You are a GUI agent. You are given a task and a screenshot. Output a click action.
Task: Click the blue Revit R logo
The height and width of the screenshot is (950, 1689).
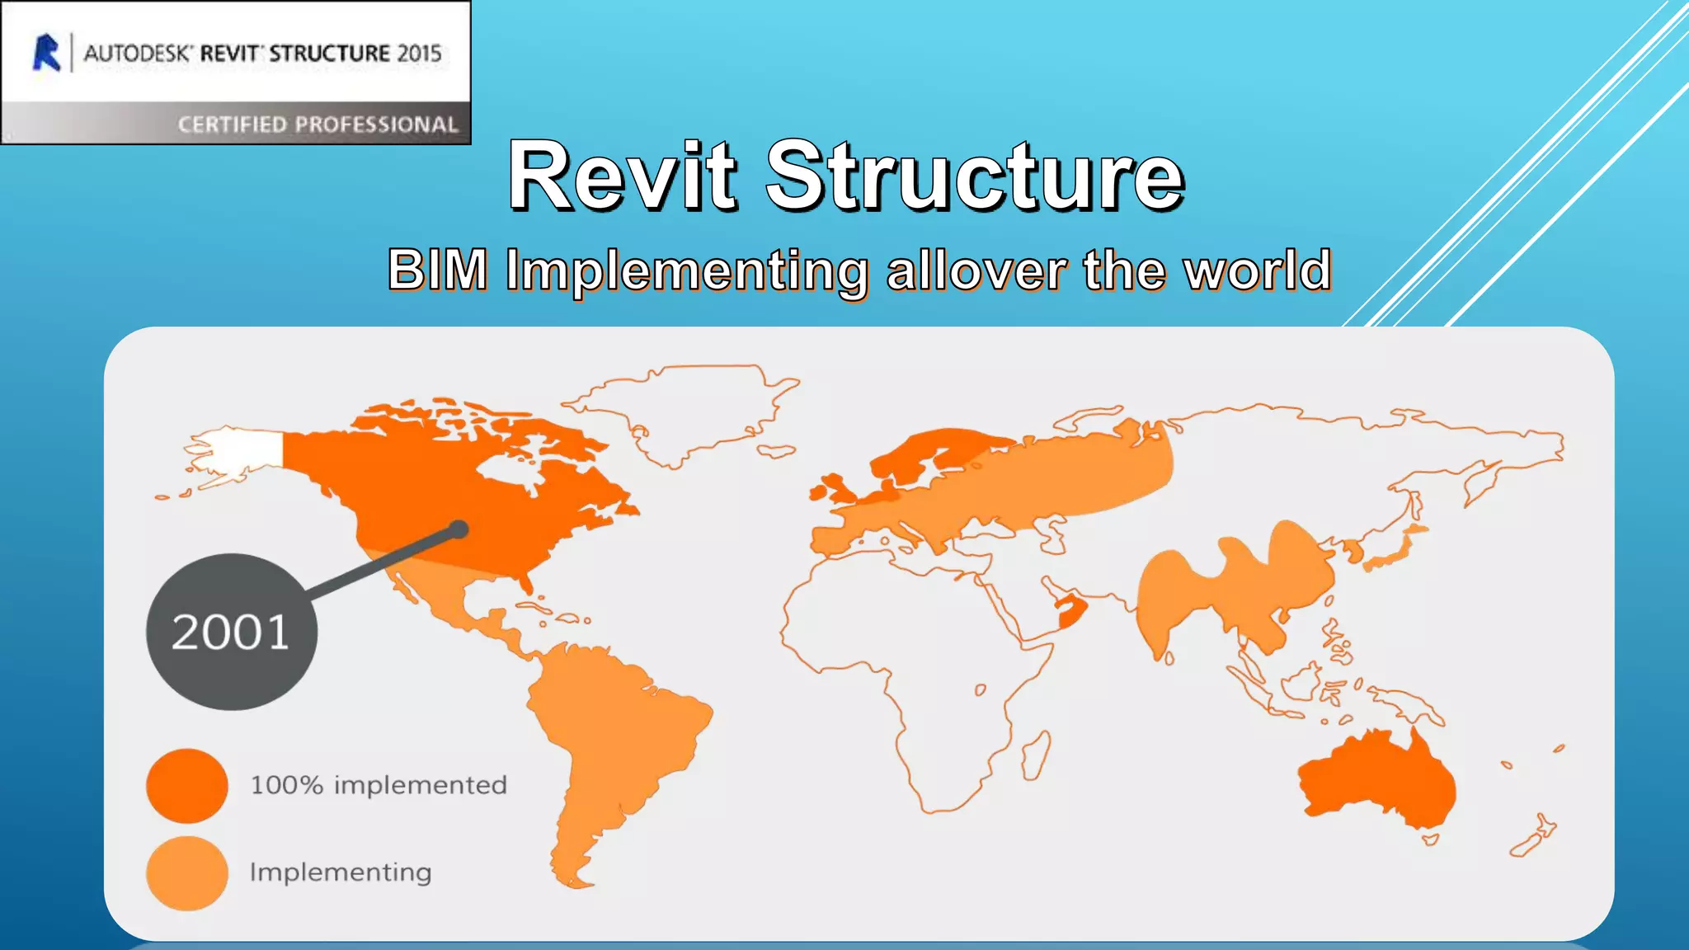47,53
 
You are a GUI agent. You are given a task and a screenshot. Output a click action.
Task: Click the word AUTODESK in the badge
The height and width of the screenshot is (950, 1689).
137,54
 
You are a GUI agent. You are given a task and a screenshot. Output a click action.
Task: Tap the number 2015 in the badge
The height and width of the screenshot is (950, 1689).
419,54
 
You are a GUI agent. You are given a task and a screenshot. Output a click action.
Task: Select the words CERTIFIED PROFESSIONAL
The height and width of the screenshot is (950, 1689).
318,125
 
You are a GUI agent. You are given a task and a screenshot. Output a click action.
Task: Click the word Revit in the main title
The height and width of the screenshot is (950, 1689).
622,176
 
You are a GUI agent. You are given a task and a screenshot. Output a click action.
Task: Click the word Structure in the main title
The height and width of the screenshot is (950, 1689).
975,176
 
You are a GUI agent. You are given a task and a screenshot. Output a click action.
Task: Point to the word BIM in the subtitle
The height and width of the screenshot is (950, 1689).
437,270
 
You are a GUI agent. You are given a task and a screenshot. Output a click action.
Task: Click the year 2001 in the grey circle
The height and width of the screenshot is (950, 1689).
230,633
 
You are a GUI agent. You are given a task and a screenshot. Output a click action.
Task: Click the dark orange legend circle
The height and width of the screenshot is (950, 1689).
187,785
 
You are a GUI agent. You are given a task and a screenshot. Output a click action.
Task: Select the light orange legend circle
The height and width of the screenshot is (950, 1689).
187,872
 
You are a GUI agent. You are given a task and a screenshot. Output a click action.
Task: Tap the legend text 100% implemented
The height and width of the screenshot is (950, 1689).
379,785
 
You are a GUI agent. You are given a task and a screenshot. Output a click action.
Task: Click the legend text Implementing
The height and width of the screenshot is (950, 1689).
341,872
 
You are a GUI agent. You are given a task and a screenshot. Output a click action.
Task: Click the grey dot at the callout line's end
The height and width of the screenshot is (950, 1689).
459,529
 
